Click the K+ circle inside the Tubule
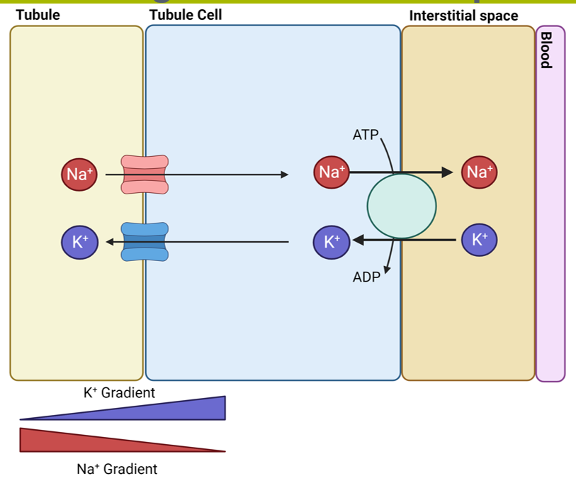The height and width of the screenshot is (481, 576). click(x=79, y=242)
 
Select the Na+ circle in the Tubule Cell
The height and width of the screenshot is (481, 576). click(x=331, y=172)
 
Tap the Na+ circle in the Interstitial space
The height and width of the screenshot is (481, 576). click(x=479, y=172)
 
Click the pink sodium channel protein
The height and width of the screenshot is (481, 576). click(x=145, y=174)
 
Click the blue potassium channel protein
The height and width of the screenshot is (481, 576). click(x=145, y=241)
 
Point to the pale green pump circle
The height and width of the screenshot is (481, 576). click(x=401, y=206)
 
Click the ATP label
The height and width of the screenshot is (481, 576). click(x=366, y=135)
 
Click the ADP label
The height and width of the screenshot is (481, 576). click(x=366, y=277)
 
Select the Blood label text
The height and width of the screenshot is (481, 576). click(x=545, y=50)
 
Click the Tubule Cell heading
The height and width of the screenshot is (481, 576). click(x=186, y=15)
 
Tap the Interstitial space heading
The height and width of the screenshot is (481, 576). click(x=463, y=16)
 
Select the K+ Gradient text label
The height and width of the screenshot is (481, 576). click(x=119, y=392)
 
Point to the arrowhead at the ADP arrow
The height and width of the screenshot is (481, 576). click(x=387, y=270)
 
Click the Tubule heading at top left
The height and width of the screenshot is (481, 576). click(x=38, y=15)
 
